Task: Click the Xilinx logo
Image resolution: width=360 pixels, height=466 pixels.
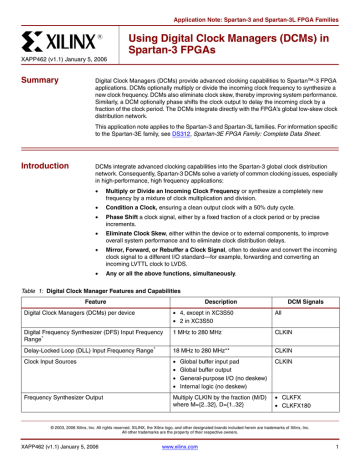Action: (59, 43)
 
